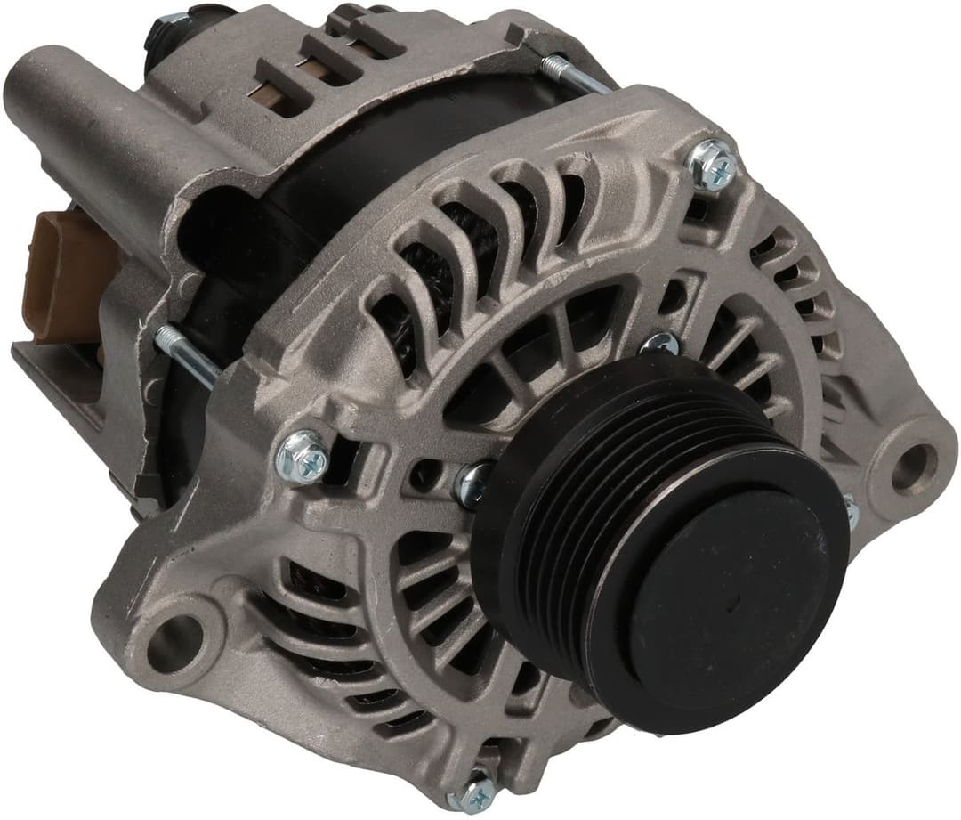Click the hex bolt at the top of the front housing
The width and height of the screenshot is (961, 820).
click(713, 166)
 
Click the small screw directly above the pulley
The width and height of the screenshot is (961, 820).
click(659, 343)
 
